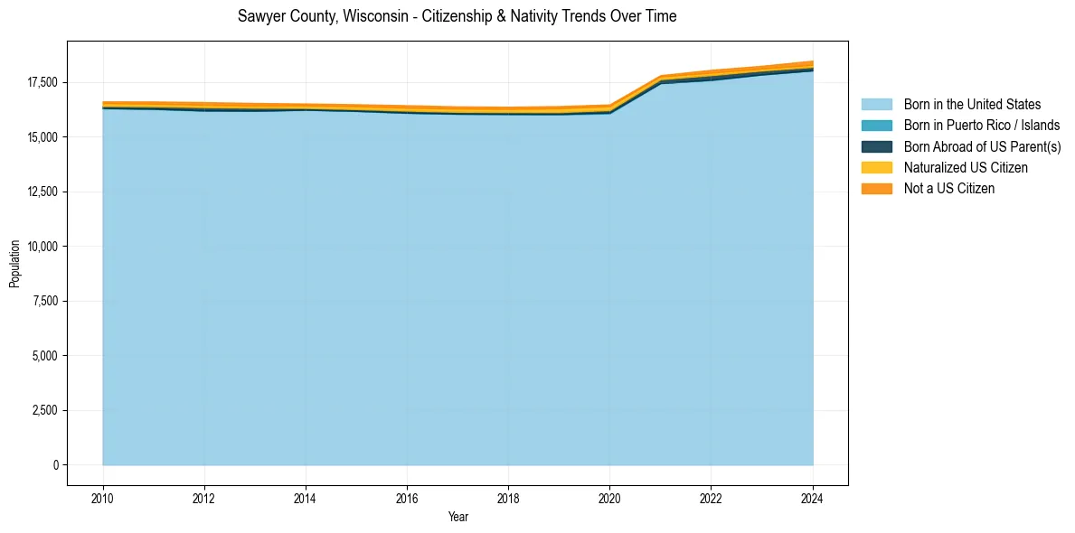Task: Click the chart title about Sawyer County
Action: coord(457,16)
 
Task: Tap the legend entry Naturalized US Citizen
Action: coord(966,168)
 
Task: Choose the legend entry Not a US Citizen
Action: coord(948,189)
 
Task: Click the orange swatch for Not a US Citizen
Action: coord(876,189)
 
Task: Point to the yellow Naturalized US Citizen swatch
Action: coord(876,168)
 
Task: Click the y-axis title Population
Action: coord(14,264)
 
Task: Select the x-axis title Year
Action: coord(458,518)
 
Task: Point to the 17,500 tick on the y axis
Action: coord(42,82)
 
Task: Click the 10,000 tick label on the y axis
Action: coord(42,247)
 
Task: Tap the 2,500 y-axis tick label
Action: coord(44,410)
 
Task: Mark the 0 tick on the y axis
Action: coord(56,465)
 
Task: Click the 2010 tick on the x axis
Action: coord(103,497)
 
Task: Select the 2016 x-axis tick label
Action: coord(407,497)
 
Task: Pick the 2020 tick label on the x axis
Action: coord(609,497)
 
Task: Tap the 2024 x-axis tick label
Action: coord(813,497)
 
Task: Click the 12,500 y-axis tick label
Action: coord(42,192)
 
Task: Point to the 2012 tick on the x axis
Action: coord(204,497)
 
